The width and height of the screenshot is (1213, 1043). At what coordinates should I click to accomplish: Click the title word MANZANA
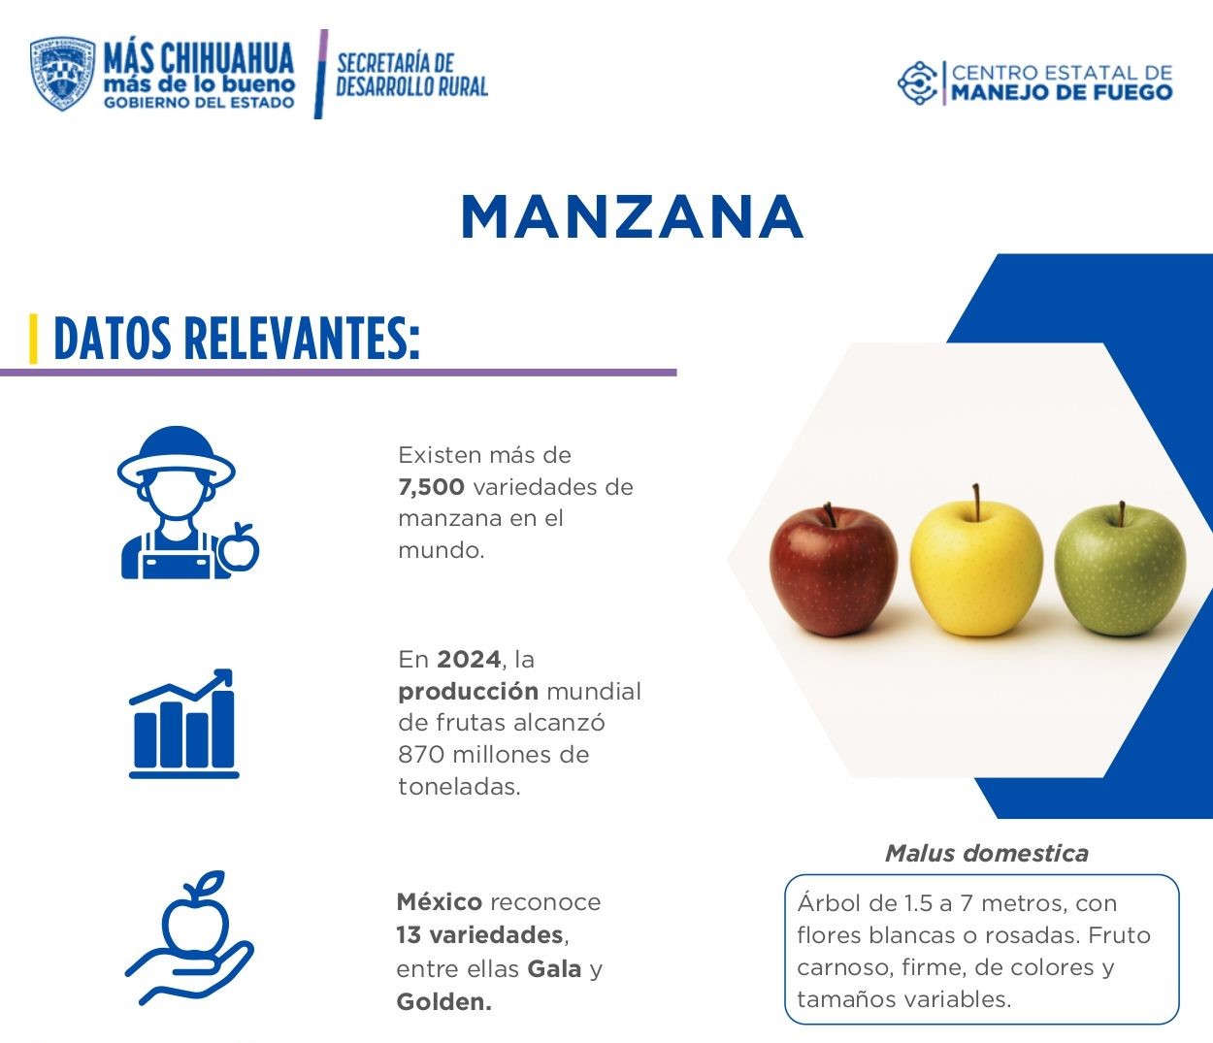pyautogui.click(x=632, y=216)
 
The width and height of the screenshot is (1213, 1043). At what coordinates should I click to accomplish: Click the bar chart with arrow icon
pyautogui.click(x=183, y=724)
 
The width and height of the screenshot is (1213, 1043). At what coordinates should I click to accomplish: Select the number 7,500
pyautogui.click(x=431, y=487)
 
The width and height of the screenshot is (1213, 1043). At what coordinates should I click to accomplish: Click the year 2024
pyautogui.click(x=469, y=660)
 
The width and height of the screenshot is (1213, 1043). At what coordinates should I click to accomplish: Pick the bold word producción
pyautogui.click(x=468, y=692)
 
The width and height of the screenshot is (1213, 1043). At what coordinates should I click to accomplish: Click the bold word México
pyautogui.click(x=439, y=902)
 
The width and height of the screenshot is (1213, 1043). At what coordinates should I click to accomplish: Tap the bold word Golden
pyautogui.click(x=443, y=1002)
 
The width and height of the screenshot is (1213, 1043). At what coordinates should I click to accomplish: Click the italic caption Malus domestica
pyautogui.click(x=986, y=854)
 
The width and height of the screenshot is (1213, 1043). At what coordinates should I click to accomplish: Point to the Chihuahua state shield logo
pyautogui.click(x=62, y=74)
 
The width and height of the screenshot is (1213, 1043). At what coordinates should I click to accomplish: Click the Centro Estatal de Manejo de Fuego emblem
pyautogui.click(x=917, y=82)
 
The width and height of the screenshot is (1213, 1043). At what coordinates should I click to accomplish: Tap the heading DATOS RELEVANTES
pyautogui.click(x=237, y=339)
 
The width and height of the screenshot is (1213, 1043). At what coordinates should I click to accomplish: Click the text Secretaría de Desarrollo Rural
pyautogui.click(x=411, y=75)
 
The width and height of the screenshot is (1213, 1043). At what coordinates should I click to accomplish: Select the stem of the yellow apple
pyautogui.click(x=976, y=499)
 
